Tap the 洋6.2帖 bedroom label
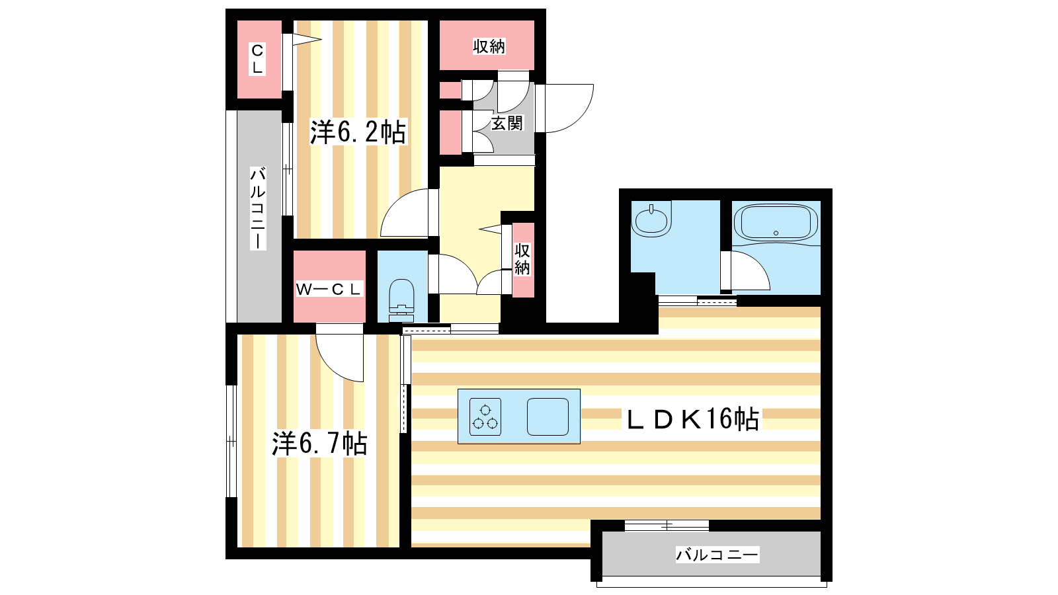click(358, 132)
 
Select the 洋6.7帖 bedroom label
click(319, 444)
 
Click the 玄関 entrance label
click(507, 123)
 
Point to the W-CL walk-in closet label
click(329, 290)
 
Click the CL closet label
click(257, 59)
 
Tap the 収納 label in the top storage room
click(489, 46)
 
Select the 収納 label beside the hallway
click(522, 258)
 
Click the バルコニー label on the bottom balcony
click(717, 554)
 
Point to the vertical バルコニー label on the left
click(258, 208)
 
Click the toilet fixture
click(401, 300)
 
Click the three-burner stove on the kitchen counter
click(485, 416)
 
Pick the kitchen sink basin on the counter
click(548, 416)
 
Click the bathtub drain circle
click(776, 233)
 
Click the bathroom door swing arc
click(757, 264)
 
